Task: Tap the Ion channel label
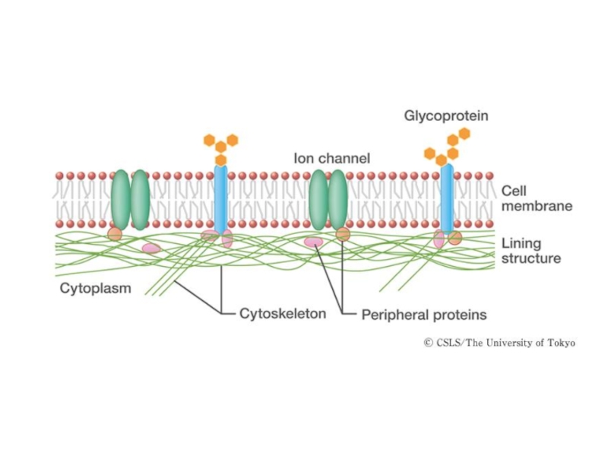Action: (331, 159)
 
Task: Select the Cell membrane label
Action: (536, 199)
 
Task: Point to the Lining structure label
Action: (530, 251)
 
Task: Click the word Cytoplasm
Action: (96, 289)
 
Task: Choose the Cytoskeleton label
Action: (283, 313)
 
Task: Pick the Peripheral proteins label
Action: (423, 314)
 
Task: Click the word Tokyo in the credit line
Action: (562, 343)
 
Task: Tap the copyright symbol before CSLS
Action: (428, 343)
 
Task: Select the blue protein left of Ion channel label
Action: (220, 199)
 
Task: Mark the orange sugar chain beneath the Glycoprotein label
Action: (448, 147)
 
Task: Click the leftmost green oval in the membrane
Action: (120, 199)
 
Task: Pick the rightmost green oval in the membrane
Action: (337, 199)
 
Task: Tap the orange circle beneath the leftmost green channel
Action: (115, 234)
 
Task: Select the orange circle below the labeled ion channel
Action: (343, 234)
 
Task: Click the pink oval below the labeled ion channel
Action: (313, 242)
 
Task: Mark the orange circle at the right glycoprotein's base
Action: (454, 238)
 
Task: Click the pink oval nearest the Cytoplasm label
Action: (151, 249)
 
